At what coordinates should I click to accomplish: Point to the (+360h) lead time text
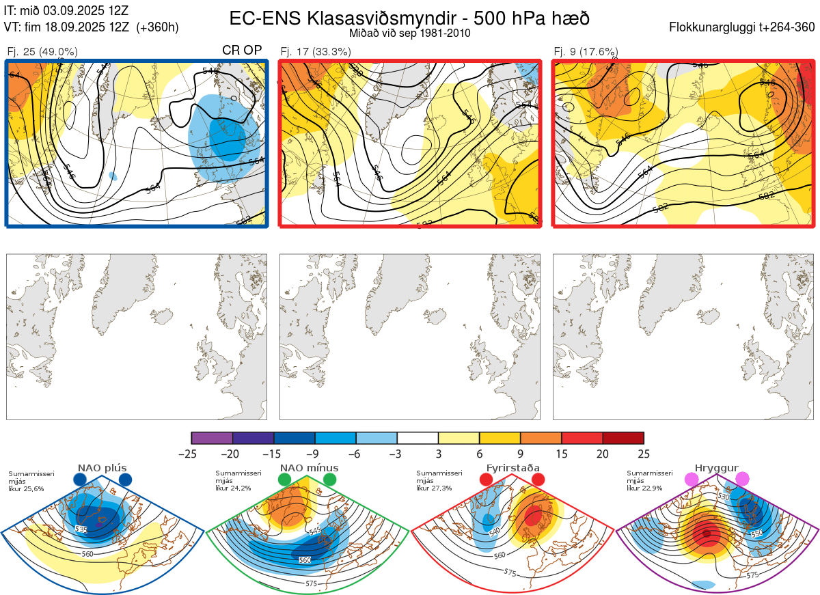coord(158,27)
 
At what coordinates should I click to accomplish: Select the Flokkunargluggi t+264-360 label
coord(743,27)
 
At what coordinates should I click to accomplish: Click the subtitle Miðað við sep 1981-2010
coord(409,33)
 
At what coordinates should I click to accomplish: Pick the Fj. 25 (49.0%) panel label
coord(42,51)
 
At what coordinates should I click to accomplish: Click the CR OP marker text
coord(243,51)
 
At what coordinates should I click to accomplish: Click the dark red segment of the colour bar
coord(623,438)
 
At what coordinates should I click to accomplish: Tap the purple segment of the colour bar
coord(212,438)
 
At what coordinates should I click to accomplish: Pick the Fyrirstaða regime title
coord(511,468)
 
